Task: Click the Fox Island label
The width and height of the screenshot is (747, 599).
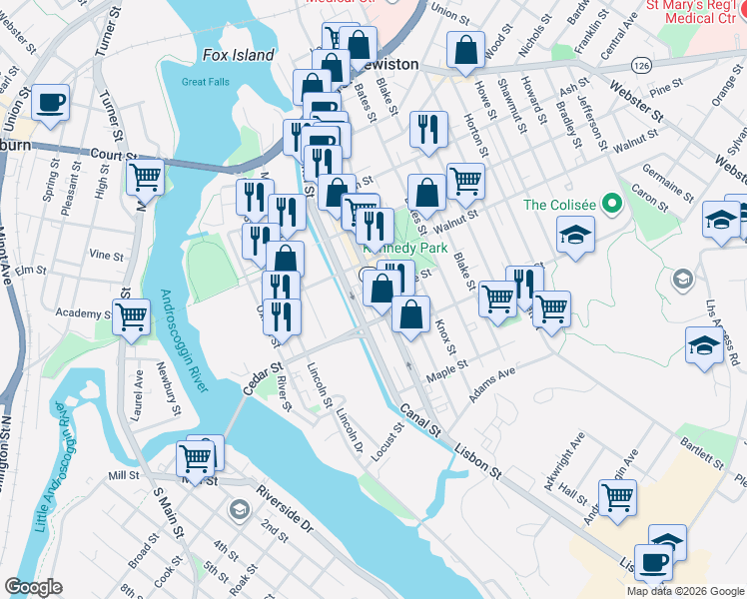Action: (x=238, y=55)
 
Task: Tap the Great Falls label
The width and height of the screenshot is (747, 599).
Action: (x=207, y=82)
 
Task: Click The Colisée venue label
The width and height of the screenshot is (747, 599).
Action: (x=559, y=205)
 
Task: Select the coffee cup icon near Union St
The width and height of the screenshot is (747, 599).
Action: (x=50, y=101)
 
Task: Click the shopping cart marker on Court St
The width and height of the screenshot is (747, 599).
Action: (x=146, y=178)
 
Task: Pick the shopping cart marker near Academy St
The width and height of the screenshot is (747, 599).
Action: (x=132, y=318)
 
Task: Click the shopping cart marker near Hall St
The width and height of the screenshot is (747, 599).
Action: (x=618, y=495)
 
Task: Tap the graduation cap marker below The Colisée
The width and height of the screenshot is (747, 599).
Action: (x=575, y=236)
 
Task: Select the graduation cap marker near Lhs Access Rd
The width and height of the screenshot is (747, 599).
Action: (x=704, y=345)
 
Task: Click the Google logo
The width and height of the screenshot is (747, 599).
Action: (x=33, y=587)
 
